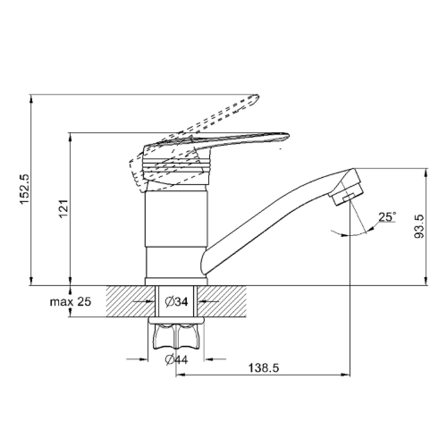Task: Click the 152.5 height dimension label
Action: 25,190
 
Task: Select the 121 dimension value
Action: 64,208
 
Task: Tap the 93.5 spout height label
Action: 419,227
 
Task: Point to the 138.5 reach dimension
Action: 264,368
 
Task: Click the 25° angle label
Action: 387,216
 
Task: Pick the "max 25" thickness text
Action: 71,302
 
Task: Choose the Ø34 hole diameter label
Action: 176,302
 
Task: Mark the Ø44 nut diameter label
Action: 176,360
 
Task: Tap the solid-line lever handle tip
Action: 287,136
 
